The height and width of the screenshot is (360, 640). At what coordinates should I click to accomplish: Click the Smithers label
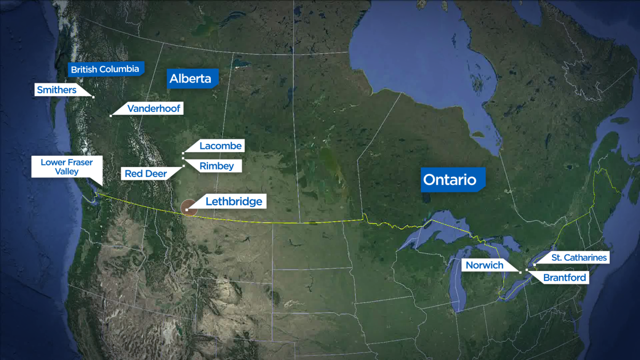point(56,90)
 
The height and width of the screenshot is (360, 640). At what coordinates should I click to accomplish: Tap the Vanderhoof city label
point(154,109)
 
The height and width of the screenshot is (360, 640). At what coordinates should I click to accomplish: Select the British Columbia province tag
point(105,69)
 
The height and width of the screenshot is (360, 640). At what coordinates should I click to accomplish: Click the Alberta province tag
point(190,79)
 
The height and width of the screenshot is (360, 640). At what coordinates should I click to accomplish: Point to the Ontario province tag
point(450,180)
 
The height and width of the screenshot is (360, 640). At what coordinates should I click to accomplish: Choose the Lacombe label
point(220,146)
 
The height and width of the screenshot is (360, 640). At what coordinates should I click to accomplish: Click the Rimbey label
point(217,166)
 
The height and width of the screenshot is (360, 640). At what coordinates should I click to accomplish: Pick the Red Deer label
point(145,173)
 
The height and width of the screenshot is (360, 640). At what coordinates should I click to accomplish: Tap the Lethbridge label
point(234,201)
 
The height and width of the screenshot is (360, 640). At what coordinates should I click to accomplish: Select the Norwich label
point(484,265)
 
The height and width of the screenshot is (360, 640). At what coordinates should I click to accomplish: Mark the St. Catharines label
point(579,258)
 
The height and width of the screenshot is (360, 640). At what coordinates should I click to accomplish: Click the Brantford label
point(564,277)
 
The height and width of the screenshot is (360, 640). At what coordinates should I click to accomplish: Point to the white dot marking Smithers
point(93,97)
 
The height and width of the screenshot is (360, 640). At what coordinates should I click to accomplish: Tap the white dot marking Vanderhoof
point(110,115)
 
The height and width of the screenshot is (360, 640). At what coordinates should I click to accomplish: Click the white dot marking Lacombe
point(183,153)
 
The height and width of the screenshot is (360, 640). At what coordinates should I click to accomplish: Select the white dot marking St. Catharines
point(534,264)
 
